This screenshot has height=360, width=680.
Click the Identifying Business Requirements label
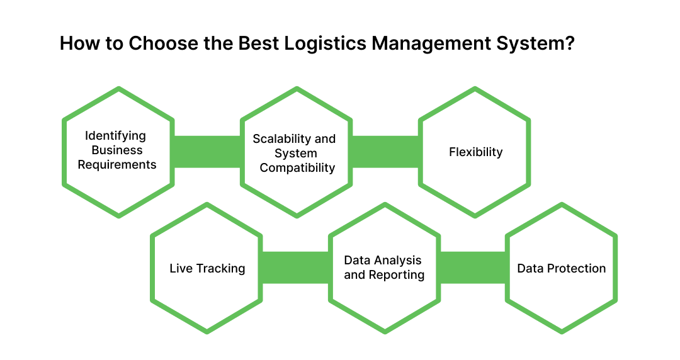coord(117,150)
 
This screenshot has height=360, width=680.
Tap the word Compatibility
coord(297,168)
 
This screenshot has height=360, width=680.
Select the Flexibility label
coord(475,152)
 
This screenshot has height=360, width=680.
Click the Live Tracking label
coord(207,269)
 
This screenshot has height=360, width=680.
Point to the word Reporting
coord(397,275)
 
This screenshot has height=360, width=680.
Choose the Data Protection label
coord(561,269)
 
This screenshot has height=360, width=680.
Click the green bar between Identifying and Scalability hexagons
coord(207,152)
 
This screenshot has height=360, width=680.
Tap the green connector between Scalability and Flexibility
coord(385,152)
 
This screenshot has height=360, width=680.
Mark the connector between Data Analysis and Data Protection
coord(473,267)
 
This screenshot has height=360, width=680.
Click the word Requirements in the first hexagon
coord(117,165)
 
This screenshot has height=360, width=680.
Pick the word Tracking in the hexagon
coord(220,269)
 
